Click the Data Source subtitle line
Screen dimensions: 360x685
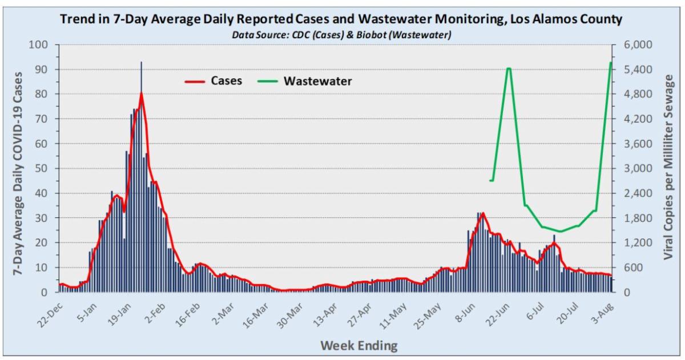click(341, 35)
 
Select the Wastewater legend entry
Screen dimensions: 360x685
click(317, 81)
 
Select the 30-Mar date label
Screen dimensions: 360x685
click(281, 312)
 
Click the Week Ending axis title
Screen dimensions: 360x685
click(358, 345)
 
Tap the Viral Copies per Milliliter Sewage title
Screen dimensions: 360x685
click(668, 168)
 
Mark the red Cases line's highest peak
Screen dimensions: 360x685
click(141, 94)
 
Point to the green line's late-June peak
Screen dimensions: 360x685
click(509, 68)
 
